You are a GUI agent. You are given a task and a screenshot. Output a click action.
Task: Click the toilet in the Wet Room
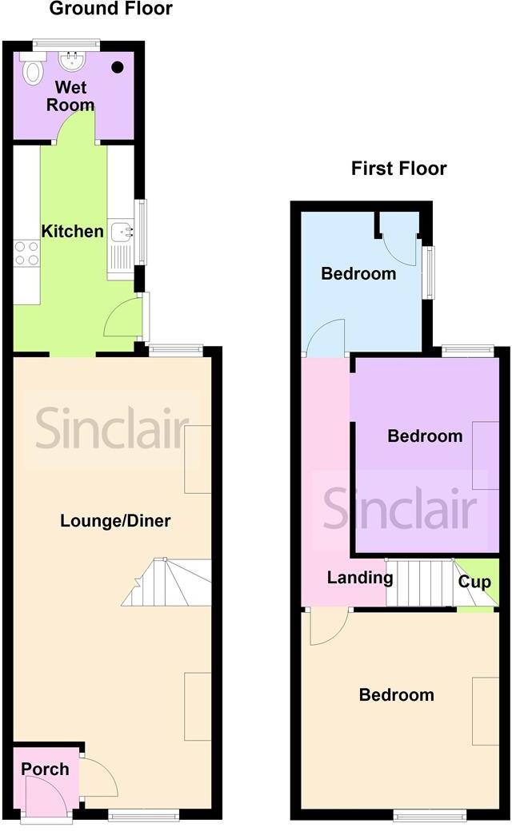coord(33,70)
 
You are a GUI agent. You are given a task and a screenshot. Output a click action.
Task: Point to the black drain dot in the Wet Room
coord(118,68)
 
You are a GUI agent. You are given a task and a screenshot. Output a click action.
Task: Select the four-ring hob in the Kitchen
coord(26,253)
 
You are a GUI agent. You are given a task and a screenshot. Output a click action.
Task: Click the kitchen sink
coord(122,233)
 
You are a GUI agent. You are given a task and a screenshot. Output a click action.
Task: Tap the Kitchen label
coord(73,232)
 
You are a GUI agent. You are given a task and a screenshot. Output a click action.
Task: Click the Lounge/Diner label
coord(115,521)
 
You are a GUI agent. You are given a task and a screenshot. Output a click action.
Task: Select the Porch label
coord(45,769)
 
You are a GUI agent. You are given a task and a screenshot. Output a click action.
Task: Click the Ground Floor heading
coord(110,10)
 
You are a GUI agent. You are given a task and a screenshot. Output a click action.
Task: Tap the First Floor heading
coord(398,169)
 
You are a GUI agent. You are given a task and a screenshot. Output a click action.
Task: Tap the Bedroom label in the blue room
coord(358,274)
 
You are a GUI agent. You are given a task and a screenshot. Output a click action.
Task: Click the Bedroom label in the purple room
coord(425,436)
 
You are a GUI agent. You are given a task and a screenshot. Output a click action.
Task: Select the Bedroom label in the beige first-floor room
coord(397,695)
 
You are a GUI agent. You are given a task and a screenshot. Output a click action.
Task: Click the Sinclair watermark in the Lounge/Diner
coord(112,429)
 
